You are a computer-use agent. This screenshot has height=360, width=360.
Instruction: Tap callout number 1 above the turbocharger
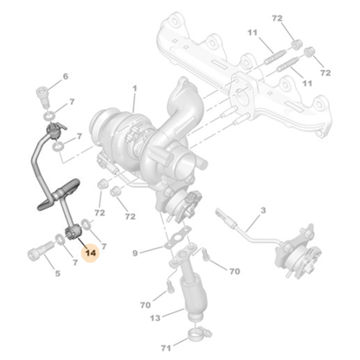tap(134, 87)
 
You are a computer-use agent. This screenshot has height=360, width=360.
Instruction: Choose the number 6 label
tap(63, 78)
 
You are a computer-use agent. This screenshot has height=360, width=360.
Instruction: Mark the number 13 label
tap(155, 318)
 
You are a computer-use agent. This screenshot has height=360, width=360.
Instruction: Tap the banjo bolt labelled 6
tap(42, 94)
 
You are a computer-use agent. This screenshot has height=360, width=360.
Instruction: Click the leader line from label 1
tap(133, 104)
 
